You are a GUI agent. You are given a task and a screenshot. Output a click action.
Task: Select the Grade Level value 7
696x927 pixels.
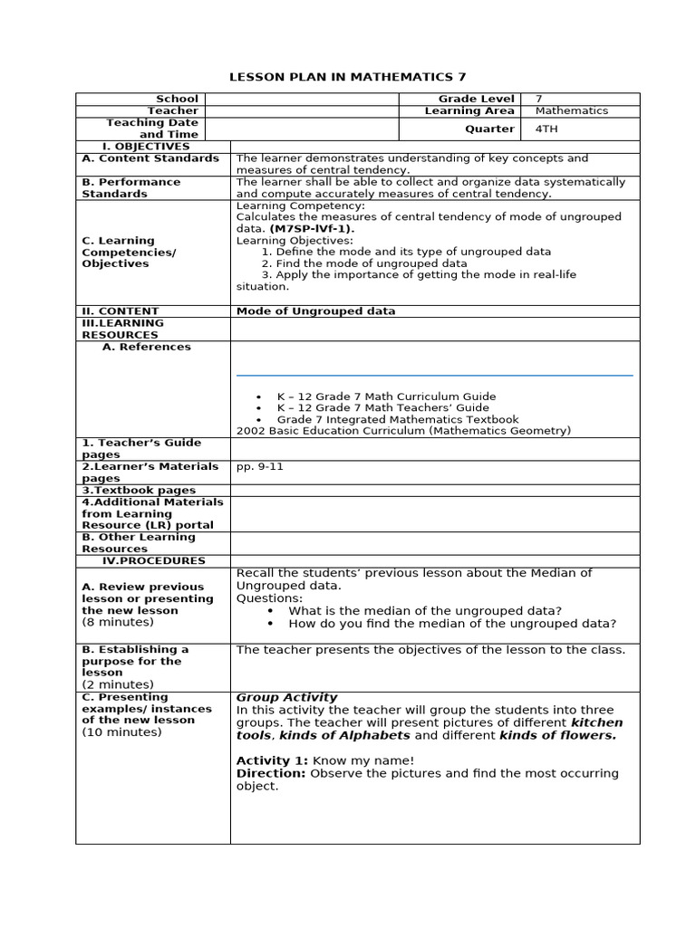click(539, 99)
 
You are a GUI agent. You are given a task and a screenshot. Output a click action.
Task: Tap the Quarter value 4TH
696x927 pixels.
click(547, 129)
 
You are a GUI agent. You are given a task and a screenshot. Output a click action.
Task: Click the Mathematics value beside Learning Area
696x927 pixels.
click(572, 110)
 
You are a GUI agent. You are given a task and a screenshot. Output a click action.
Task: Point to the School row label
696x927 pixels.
click(177, 99)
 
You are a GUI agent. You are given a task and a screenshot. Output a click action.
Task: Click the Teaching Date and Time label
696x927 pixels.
click(152, 129)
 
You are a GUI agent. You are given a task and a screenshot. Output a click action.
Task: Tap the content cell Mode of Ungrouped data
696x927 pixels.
click(315, 311)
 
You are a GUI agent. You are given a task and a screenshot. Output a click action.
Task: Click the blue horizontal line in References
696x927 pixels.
click(434, 375)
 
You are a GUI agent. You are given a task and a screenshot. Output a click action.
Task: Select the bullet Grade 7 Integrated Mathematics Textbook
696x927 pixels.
click(398, 419)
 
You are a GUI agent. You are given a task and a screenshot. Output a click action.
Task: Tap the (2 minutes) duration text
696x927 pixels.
click(118, 684)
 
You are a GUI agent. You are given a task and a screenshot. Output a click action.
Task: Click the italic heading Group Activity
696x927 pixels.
click(286, 697)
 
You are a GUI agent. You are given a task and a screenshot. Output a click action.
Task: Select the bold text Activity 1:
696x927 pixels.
click(272, 760)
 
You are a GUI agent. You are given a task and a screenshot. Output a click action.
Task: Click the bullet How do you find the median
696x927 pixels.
click(451, 623)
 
